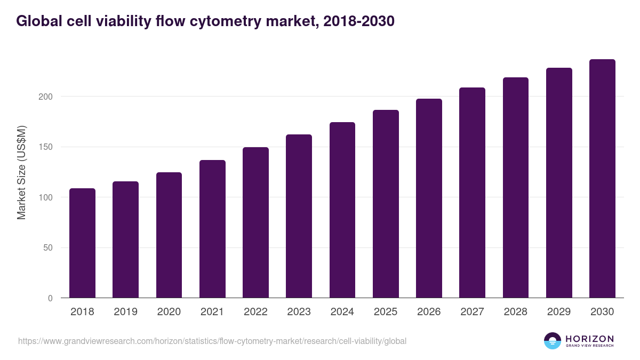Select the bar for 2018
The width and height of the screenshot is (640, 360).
[x=82, y=243]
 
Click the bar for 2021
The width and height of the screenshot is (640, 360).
[x=212, y=229]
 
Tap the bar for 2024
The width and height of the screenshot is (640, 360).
[x=342, y=210]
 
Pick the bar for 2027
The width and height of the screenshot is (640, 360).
[x=472, y=193]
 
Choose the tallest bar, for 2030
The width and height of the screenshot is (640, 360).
[x=602, y=179]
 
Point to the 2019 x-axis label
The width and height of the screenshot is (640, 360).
[x=125, y=312]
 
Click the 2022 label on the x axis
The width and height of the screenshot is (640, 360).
[x=255, y=312]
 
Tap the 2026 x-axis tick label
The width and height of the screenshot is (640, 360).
[x=429, y=312]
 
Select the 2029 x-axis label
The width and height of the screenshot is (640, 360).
[x=559, y=312]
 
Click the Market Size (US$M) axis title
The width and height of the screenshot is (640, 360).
[x=21, y=172]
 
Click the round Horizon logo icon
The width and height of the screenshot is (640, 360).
[x=553, y=341]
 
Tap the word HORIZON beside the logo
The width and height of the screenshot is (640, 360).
[x=589, y=339]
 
